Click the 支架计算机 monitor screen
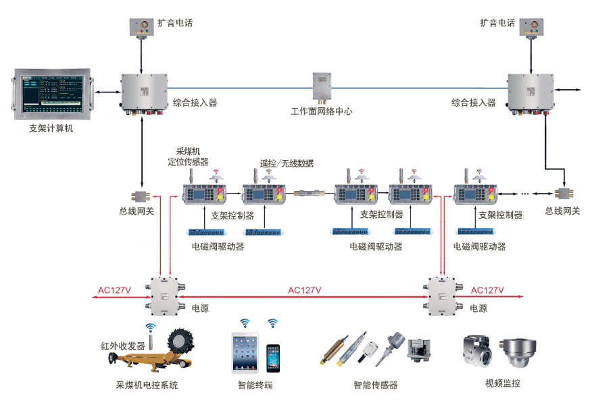(x=53, y=94)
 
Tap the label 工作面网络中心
(x=321, y=111)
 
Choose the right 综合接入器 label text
(x=474, y=103)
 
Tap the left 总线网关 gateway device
(x=142, y=196)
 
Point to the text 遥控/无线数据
(x=287, y=163)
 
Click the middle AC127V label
(x=304, y=290)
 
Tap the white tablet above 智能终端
(x=245, y=352)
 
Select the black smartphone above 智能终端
(x=272, y=358)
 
